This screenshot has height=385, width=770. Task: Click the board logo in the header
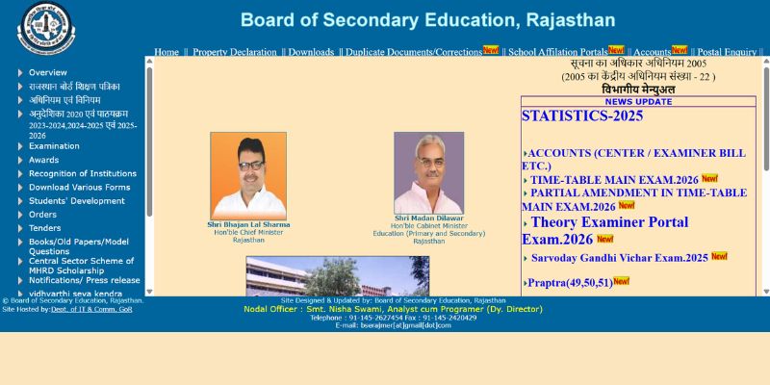(45, 26)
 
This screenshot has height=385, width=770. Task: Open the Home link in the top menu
(167, 52)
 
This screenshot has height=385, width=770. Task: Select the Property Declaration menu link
(234, 52)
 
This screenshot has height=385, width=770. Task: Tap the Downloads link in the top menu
(311, 52)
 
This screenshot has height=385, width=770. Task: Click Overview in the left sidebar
(47, 73)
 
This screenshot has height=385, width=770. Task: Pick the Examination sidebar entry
(54, 146)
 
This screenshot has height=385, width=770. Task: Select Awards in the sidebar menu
(43, 160)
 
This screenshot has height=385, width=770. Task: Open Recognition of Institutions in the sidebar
(82, 174)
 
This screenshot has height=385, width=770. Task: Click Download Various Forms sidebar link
(79, 188)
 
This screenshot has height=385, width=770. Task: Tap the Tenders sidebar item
(44, 228)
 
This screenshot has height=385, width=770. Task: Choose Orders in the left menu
(42, 215)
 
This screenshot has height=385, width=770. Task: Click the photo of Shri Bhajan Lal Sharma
(248, 175)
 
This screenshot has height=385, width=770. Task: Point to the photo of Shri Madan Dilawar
(428, 173)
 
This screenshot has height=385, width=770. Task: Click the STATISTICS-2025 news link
(581, 116)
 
